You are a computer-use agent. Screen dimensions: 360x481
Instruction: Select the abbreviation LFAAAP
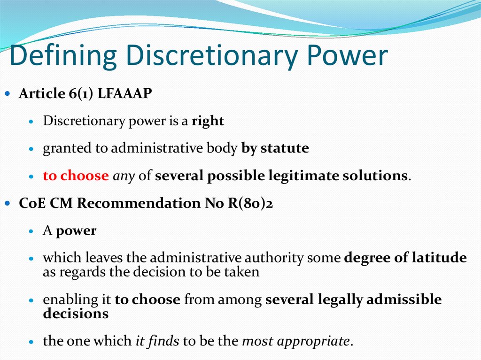pyautogui.click(x=125, y=93)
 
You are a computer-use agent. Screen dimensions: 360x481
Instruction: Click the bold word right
pyautogui.click(x=208, y=121)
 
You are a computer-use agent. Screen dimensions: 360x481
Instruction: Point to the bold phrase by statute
pyautogui.click(x=275, y=149)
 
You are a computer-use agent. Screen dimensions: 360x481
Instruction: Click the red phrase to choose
pyautogui.click(x=76, y=176)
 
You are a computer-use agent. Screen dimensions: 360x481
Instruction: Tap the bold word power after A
pyautogui.click(x=76, y=231)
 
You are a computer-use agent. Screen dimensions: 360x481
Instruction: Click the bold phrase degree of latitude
pyautogui.click(x=405, y=258)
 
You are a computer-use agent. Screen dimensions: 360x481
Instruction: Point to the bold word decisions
pyautogui.click(x=76, y=314)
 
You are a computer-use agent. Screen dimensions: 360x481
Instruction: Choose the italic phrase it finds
pyautogui.click(x=157, y=341)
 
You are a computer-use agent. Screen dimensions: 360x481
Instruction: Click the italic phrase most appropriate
pyautogui.click(x=296, y=341)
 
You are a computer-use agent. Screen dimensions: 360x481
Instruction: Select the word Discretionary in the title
pyautogui.click(x=208, y=56)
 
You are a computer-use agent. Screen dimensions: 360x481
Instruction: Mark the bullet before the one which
pyautogui.click(x=31, y=342)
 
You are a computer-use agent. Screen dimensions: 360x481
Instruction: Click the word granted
pyautogui.click(x=62, y=149)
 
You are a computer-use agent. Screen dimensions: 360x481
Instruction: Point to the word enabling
pyautogui.click(x=63, y=299)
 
